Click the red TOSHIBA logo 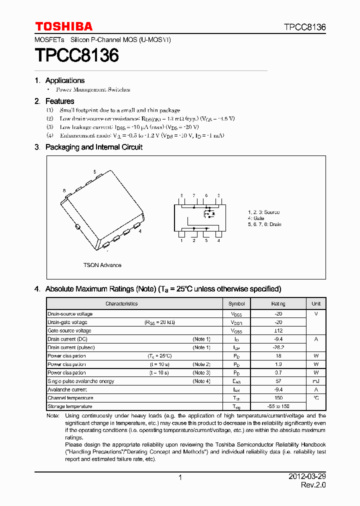pyautogui.click(x=63, y=26)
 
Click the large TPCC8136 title pyautogui.click(x=76, y=55)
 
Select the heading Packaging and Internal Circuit pyautogui.click(x=93, y=147)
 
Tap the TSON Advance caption pyautogui.click(x=102, y=265)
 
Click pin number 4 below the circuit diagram pyautogui.click(x=218, y=240)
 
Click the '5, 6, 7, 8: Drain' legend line pyautogui.click(x=264, y=224)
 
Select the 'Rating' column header pyautogui.click(x=278, y=303)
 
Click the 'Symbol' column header pyautogui.click(x=236, y=303)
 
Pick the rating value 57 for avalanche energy pyautogui.click(x=278, y=381)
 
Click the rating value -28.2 pyautogui.click(x=278, y=347)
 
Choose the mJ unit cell pyautogui.click(x=316, y=381)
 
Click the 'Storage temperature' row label pyautogui.click(x=69, y=406)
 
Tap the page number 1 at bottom pyautogui.click(x=180, y=478)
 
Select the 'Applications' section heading pyautogui.click(x=64, y=80)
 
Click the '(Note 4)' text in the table pyautogui.click(x=201, y=381)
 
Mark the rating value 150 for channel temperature pyautogui.click(x=278, y=398)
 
